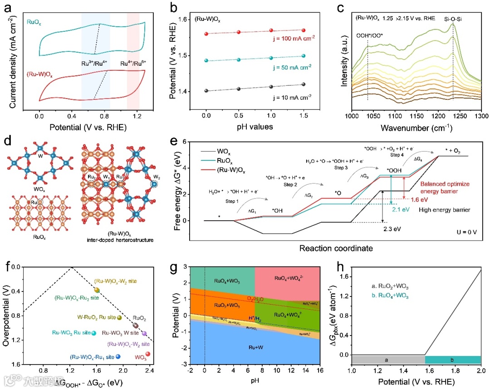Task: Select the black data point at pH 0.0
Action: coord(206,91)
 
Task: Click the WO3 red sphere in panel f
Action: coord(148,354)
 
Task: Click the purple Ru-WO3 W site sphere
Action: coord(144,333)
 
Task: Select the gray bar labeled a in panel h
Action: coord(388,360)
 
